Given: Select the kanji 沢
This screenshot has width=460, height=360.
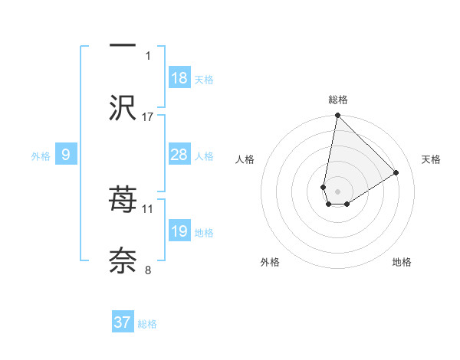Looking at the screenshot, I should tap(123, 109).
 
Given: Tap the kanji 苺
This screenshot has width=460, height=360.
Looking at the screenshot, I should tap(123, 200).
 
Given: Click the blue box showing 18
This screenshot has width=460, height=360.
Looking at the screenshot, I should tap(179, 78).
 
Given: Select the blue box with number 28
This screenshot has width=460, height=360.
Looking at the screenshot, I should tap(179, 155).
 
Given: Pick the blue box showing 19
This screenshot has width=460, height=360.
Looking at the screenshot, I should tap(179, 231).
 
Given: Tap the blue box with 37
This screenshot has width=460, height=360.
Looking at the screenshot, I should tap(123, 322).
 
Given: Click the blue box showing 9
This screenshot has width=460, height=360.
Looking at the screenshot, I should tap(66, 155).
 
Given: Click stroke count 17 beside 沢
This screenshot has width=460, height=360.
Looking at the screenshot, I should tap(148, 117).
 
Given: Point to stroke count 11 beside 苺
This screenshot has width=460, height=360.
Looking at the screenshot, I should tap(148, 208).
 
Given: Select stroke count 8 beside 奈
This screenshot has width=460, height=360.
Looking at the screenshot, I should tap(148, 270).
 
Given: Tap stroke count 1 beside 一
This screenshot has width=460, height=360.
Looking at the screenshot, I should tap(148, 55).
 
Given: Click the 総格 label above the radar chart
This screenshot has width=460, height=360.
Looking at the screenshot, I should tap(338, 100).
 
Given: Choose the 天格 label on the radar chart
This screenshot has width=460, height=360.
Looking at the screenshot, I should tap(431, 159).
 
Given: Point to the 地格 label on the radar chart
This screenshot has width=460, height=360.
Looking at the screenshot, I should tap(402, 262).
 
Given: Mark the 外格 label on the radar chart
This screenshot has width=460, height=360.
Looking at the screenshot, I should tap(270, 262).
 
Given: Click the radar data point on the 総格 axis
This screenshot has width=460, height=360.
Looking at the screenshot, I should tap(337, 116).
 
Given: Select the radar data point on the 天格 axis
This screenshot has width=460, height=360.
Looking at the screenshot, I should tap(396, 172).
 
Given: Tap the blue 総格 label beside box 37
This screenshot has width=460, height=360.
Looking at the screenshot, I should tap(147, 324).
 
